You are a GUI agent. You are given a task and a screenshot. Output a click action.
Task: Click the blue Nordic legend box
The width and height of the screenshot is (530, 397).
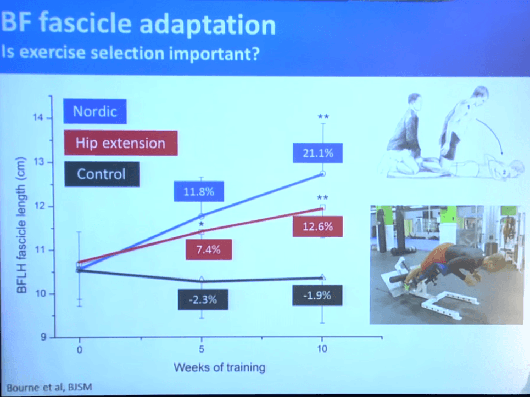click(95, 111)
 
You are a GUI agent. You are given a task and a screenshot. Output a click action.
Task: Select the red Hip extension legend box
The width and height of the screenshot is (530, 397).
click(120, 143)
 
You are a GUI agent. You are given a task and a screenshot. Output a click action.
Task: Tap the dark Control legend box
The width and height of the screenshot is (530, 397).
click(101, 174)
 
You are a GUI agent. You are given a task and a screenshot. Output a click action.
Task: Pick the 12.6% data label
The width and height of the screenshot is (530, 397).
click(317, 226)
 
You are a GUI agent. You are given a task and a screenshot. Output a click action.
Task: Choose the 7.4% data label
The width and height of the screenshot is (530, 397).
click(209, 250)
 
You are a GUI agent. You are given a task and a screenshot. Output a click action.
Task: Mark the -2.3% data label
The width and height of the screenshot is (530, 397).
click(202, 299)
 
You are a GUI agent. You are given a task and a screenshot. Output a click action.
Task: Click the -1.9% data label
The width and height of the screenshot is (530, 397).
click(317, 295)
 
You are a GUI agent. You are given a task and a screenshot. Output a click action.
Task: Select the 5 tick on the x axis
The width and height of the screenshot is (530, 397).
click(201, 349)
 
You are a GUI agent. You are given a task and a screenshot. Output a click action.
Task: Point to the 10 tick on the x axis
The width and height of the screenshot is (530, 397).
click(322, 349)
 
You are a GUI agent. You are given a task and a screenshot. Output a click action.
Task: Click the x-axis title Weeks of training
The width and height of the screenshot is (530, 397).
click(219, 367)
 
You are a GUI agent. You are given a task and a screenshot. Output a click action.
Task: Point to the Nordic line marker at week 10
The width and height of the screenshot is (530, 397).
click(323, 173)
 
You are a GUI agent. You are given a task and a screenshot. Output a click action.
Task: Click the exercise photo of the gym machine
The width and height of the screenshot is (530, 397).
click(443, 264)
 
